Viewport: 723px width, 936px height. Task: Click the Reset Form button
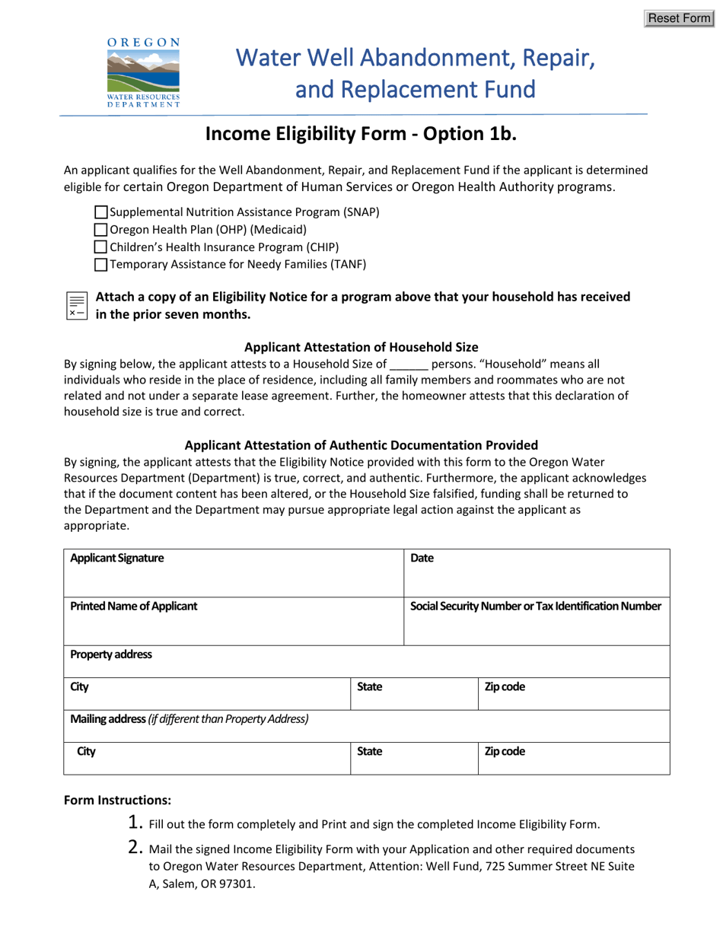tap(678, 18)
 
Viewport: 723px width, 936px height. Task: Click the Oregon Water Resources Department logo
tap(143, 73)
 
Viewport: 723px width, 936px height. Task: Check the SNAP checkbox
tap(101, 212)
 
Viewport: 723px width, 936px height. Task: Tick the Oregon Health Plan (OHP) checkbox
tap(101, 230)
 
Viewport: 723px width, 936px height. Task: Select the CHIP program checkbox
tap(101, 247)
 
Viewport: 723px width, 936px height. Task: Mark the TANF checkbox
tap(101, 265)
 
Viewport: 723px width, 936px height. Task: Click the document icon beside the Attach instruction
tap(77, 304)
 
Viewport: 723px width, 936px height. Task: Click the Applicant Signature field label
tap(116, 558)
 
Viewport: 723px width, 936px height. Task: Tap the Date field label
tap(422, 558)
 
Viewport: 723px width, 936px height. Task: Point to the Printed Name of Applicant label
tap(133, 606)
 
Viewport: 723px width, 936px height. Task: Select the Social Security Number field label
tap(536, 606)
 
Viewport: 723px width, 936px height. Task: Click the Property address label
tap(111, 654)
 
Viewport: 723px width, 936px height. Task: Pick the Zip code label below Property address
tap(505, 687)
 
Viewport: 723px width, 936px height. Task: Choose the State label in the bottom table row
tap(370, 752)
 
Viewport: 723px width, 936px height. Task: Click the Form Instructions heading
tap(117, 800)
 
